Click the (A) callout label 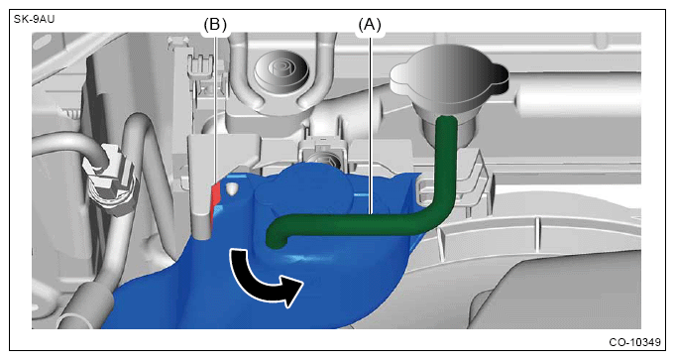click(370, 25)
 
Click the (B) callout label click(215, 25)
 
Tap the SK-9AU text click(35, 19)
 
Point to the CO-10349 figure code click(634, 342)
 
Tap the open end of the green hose click(276, 238)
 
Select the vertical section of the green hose click(446, 160)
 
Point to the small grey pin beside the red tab click(232, 189)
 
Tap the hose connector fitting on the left click(111, 180)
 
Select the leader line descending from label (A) click(370, 123)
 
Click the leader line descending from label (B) click(215, 107)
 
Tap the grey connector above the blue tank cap click(322, 152)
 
